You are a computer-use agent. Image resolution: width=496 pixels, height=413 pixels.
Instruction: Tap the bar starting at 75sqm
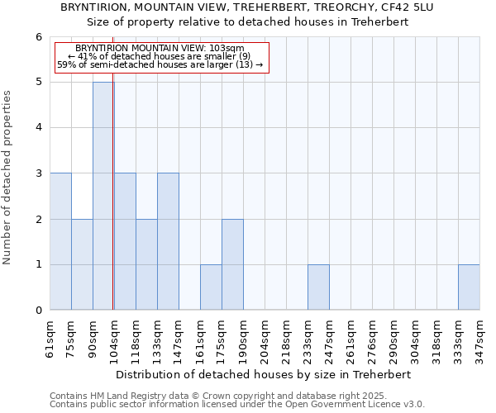pos(82,264)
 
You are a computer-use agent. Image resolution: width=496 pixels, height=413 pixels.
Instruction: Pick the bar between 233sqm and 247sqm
pos(318,287)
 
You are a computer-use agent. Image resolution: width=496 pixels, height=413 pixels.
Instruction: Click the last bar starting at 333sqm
pos(469,287)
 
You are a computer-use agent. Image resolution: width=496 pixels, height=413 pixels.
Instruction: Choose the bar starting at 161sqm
pos(211,287)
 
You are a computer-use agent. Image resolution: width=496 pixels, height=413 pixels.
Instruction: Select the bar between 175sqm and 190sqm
pos(232,264)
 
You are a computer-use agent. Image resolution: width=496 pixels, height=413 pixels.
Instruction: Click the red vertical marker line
pos(113,206)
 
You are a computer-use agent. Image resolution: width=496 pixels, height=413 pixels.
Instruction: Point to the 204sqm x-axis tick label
pos(265,339)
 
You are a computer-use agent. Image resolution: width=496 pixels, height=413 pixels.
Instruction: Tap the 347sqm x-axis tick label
pos(479,339)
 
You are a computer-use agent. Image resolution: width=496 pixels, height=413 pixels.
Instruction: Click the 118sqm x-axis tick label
pos(136,339)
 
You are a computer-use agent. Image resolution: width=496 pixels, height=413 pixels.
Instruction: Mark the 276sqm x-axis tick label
pos(372,339)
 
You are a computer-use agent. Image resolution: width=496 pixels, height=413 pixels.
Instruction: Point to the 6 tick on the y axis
pos(38,37)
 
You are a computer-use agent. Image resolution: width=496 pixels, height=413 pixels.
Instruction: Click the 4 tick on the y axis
pos(38,128)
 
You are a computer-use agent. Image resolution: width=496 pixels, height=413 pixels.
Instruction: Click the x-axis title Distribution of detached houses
pos(264,374)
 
